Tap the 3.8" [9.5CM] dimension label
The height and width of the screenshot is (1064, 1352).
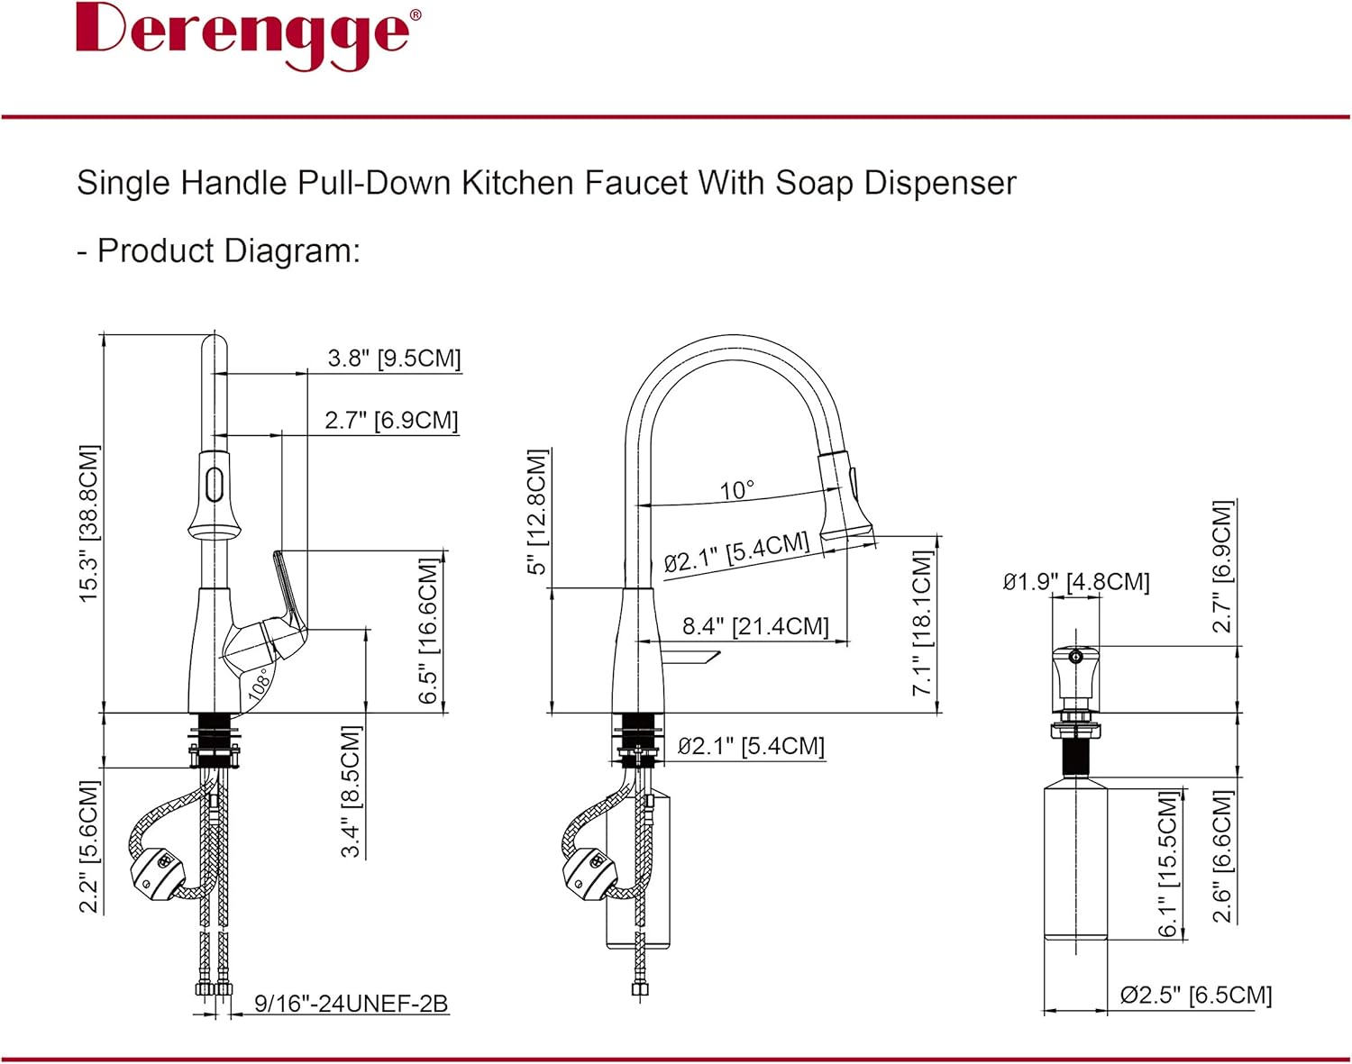click(394, 359)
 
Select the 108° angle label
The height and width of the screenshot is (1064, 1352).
click(260, 682)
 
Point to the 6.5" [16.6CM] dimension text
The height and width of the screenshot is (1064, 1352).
click(429, 631)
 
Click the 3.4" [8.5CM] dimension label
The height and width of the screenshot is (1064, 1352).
click(351, 791)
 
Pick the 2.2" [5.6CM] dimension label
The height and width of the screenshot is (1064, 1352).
click(88, 847)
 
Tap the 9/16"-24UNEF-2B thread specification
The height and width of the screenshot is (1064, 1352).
click(351, 1004)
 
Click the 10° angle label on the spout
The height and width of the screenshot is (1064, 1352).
click(736, 490)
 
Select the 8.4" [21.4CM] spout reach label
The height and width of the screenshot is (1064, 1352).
click(754, 626)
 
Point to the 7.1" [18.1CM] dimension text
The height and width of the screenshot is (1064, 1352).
click(921, 623)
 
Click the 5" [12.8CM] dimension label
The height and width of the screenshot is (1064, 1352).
click(537, 512)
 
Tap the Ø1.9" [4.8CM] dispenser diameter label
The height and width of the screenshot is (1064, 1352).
click(1076, 582)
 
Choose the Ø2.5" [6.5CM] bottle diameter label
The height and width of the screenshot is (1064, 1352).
click(1195, 996)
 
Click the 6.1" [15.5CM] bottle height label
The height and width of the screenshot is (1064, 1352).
click(1168, 865)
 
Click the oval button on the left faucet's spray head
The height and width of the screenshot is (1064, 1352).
click(214, 485)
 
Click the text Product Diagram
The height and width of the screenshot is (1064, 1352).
click(229, 250)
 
